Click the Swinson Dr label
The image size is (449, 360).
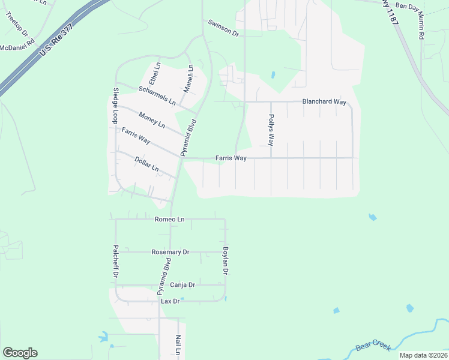(x=223, y=28)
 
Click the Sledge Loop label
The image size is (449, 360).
(x=115, y=106)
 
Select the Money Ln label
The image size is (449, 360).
(x=151, y=119)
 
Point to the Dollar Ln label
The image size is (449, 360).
(x=146, y=164)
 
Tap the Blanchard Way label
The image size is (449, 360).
(x=324, y=102)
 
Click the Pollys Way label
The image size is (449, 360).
(x=271, y=130)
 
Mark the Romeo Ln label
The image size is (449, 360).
(x=169, y=220)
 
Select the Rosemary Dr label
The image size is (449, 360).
(x=170, y=252)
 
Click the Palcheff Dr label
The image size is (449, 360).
(x=115, y=261)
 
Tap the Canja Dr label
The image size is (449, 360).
(x=182, y=284)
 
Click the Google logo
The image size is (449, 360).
(x=20, y=353)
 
